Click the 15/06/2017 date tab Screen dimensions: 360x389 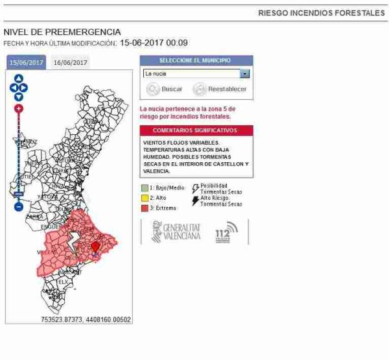26,62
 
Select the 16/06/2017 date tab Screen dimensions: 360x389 70,62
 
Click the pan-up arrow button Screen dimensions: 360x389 19,78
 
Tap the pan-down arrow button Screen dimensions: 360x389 19,97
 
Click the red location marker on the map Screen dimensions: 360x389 96,247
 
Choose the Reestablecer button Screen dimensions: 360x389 220,90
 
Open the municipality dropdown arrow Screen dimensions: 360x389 244,74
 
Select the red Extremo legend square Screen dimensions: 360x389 145,208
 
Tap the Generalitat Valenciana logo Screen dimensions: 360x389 176,232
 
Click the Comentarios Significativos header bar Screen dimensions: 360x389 196,130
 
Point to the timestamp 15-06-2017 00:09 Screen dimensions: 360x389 154,43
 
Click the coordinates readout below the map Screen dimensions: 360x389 86,320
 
